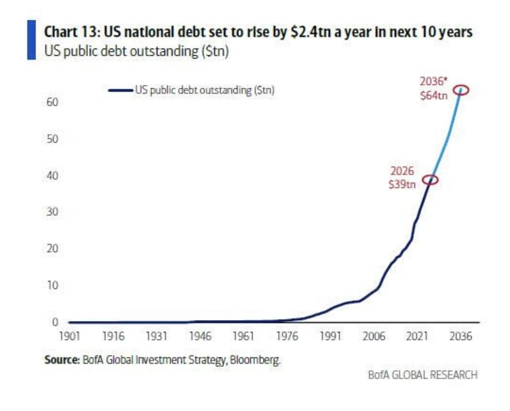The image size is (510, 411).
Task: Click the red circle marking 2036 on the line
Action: pyautogui.click(x=461, y=89)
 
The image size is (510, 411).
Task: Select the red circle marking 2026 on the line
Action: pyautogui.click(x=430, y=180)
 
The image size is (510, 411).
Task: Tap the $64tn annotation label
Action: pyautogui.click(x=433, y=96)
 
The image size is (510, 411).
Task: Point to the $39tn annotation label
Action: pyautogui.click(x=402, y=185)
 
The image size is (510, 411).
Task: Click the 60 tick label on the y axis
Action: pyautogui.click(x=52, y=103)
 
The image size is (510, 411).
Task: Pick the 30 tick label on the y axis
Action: pyautogui.click(x=52, y=212)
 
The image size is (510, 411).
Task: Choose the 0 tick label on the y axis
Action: pyautogui.click(x=55, y=322)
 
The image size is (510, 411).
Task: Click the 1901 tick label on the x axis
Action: pyautogui.click(x=70, y=336)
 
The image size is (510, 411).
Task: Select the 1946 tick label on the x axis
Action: pyautogui.click(x=200, y=336)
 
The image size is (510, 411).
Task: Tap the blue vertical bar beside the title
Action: pyautogui.click(x=32, y=40)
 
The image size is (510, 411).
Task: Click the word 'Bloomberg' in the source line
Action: pyautogui.click(x=258, y=360)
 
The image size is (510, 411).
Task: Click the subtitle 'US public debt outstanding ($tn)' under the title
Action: pyautogui.click(x=136, y=51)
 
